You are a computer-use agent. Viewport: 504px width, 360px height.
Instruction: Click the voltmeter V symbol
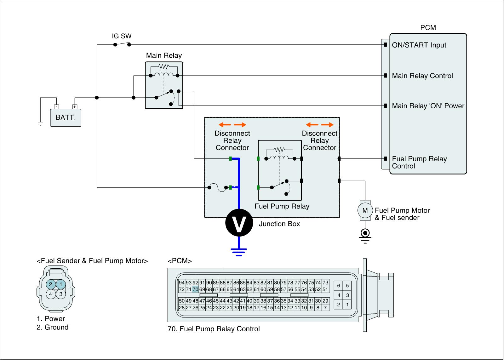point(239,223)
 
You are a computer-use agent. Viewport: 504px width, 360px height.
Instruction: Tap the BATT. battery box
point(66,117)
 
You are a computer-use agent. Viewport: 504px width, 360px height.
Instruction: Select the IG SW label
point(122,36)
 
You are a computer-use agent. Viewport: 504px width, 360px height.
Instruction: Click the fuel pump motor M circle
point(365,210)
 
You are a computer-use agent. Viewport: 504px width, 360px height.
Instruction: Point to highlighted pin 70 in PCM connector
point(195,289)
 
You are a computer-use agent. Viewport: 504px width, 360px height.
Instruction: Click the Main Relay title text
point(164,56)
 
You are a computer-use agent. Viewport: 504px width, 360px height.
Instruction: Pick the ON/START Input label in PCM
point(419,45)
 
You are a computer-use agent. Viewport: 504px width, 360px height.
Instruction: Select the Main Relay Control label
point(422,76)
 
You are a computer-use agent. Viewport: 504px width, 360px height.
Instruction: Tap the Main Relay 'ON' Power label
point(428,106)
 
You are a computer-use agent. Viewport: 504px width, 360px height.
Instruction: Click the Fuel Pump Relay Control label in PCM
point(419,163)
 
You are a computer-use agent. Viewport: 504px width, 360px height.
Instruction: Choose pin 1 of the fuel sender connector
point(61,284)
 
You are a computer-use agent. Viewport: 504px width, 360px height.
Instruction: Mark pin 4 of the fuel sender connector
point(50,294)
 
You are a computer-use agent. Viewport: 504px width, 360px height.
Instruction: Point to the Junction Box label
point(279,224)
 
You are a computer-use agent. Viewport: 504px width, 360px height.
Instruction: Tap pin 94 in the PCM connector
point(182,283)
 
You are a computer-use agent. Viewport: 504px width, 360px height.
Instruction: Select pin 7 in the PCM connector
point(325,308)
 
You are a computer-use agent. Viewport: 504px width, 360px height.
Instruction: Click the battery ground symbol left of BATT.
point(40,123)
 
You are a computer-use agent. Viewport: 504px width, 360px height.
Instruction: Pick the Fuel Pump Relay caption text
point(282,206)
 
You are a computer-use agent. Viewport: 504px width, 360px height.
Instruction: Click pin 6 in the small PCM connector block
point(339,286)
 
